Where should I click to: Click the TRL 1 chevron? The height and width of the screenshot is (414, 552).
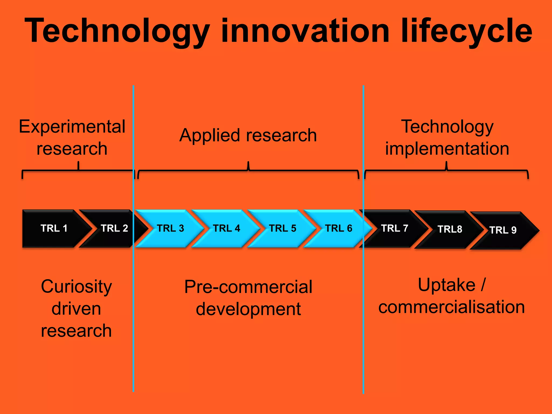[54, 228]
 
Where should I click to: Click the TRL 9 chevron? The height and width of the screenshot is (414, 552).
[503, 230]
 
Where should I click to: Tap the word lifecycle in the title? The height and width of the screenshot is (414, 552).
[466, 31]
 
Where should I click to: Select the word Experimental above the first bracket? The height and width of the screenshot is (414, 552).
[72, 126]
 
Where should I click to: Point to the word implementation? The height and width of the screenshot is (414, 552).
[447, 149]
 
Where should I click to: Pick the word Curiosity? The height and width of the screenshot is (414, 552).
[76, 287]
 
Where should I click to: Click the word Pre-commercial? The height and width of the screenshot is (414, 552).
[248, 287]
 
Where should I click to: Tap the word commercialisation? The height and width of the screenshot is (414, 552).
[451, 307]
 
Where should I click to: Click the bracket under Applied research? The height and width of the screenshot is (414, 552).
[248, 171]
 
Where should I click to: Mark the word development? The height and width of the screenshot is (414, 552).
[248, 309]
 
